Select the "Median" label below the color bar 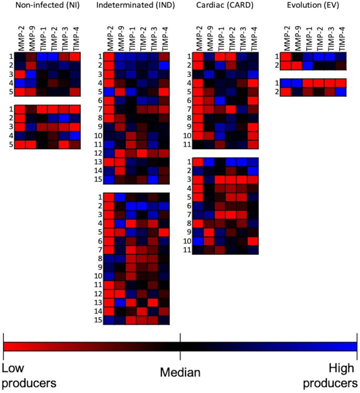click(180, 374)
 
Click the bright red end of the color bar click(6, 346)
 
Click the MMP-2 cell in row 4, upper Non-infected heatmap click(19, 83)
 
